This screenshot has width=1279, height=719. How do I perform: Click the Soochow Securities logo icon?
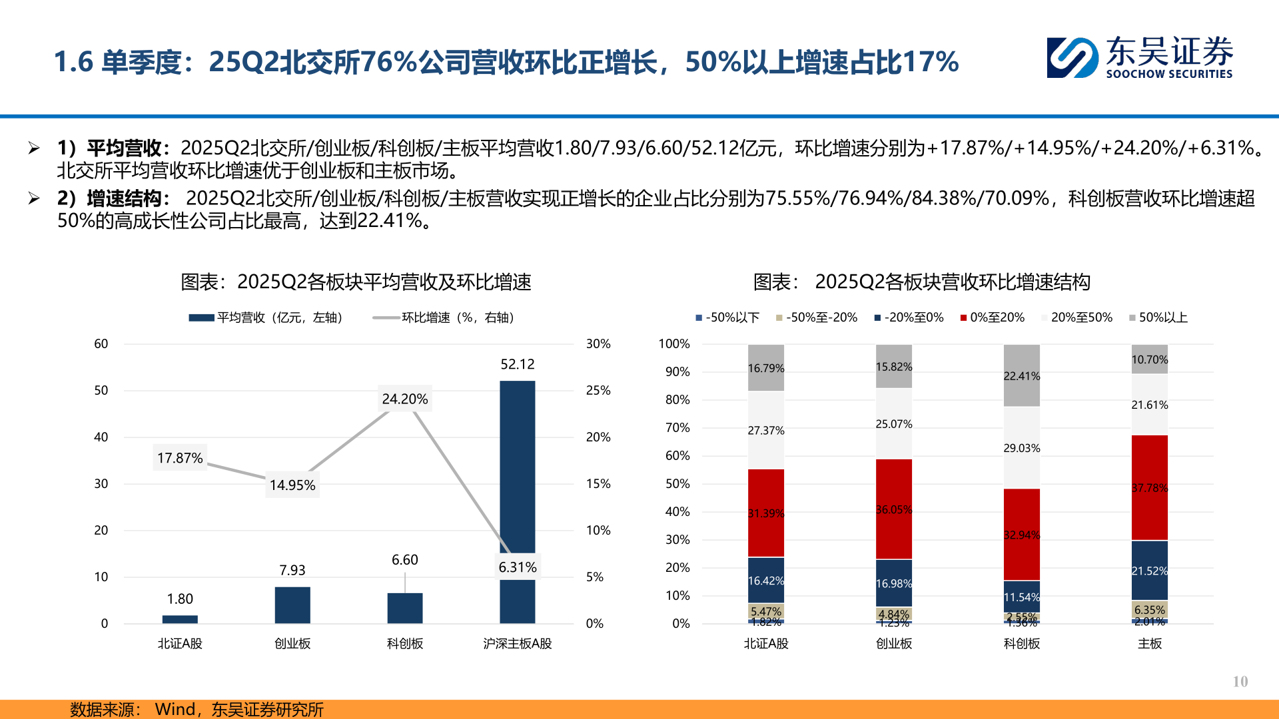pos(1072,58)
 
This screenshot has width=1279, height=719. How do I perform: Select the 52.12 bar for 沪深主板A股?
pos(517,466)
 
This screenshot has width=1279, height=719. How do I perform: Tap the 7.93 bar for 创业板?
pos(292,604)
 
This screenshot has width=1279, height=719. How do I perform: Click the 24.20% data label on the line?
pos(405,399)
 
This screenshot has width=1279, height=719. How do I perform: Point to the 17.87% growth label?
pos(180,458)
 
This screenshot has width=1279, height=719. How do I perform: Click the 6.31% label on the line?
pos(518,567)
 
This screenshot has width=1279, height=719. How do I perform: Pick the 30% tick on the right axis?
pos(598,344)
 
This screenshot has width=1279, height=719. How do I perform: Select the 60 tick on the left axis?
pos(101,344)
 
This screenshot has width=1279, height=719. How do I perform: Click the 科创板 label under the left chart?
pos(405,644)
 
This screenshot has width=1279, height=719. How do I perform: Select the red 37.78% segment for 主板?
pos(1149,487)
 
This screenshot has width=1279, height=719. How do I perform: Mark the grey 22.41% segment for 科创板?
pos(1021,375)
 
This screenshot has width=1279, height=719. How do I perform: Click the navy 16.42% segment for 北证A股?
pos(765,581)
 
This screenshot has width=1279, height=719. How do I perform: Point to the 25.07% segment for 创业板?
pos(893,424)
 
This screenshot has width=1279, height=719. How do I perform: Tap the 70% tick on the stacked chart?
pos(677,428)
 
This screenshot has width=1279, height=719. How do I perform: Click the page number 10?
pos(1240,682)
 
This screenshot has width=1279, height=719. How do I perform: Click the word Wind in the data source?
pos(175,710)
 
